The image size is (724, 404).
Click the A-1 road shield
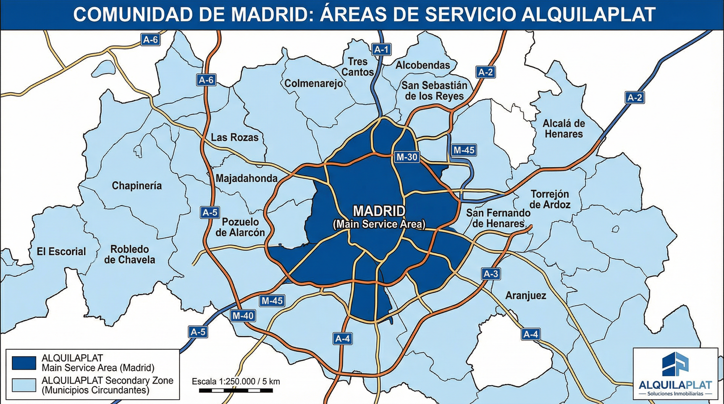pos(381,50)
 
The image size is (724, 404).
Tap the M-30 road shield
pos(407,157)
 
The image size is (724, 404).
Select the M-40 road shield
pos(243,316)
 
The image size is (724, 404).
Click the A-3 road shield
pos(490,274)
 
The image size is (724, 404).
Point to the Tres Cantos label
pos(358,67)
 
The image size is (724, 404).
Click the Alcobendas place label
pos(423,65)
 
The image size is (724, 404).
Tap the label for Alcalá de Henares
pos(564,129)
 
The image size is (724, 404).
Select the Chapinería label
pos(137,186)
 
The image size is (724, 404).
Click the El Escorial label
pos(61,251)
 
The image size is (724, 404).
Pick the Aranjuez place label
pos(526,296)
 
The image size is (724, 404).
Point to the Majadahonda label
pos(247,178)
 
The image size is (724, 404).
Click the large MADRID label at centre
pos(379,211)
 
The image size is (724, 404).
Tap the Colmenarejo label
pos(314,83)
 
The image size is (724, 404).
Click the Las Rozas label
pos(235,137)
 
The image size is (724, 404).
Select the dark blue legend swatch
pos(24,363)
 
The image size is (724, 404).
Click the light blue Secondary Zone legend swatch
pos(24,385)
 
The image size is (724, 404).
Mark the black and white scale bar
pos(235,391)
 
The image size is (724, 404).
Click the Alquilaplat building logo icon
pos(675,364)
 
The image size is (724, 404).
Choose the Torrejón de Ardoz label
pos(550,199)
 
